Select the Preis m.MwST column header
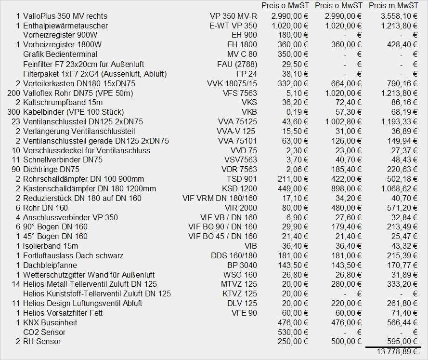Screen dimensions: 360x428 coord(393,6)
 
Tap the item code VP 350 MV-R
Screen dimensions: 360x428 coord(233,16)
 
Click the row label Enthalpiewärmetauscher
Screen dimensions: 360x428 coord(65,26)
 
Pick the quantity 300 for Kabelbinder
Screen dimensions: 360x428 coord(13,112)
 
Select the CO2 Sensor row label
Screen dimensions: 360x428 coord(44,332)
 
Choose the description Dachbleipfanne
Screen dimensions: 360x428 coord(50,265)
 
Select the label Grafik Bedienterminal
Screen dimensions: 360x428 coord(60,54)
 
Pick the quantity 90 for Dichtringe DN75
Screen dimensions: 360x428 coord(15,169)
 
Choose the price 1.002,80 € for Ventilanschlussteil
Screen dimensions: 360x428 coord(339,121)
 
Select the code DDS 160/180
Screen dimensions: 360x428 coord(234,255)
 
